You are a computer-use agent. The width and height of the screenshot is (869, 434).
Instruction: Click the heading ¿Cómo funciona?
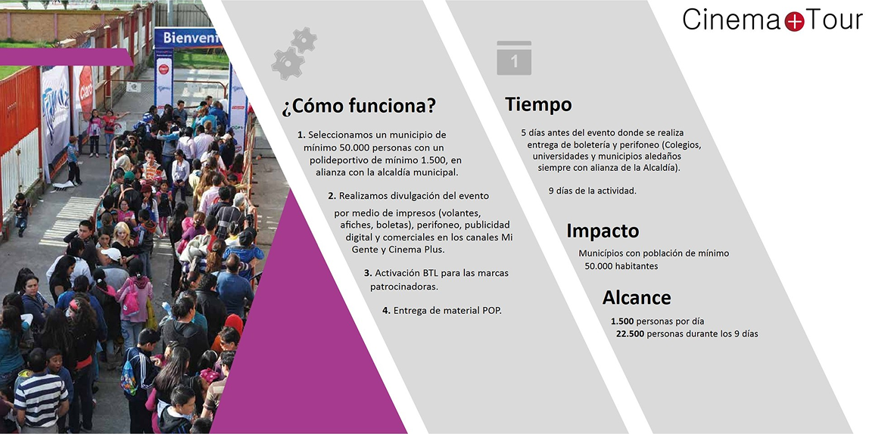(x=359, y=106)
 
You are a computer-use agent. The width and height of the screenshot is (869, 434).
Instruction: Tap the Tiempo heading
(x=538, y=104)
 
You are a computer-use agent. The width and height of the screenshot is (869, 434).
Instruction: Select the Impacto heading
(x=603, y=231)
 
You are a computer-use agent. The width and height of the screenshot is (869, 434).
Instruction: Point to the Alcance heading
(x=636, y=298)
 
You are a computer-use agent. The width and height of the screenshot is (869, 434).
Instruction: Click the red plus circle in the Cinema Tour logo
(x=794, y=21)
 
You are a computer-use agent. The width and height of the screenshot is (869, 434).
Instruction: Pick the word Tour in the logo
(x=834, y=20)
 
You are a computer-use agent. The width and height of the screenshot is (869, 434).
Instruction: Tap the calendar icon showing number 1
(x=514, y=57)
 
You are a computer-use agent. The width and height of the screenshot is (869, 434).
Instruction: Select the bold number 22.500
(x=630, y=333)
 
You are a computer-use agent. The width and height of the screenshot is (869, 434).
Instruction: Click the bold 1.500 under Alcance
(x=622, y=321)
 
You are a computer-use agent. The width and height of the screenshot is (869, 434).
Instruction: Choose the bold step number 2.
(x=332, y=196)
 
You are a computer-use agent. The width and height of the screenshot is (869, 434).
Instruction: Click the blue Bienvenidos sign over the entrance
(x=188, y=39)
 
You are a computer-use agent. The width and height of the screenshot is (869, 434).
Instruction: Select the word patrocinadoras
(x=403, y=287)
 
